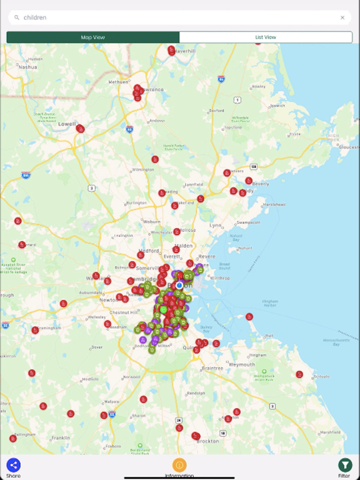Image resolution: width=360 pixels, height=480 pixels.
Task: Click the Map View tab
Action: [93, 37]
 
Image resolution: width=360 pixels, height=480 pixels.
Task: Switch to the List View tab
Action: [266, 37]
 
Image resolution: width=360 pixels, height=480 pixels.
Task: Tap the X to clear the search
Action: [342, 17]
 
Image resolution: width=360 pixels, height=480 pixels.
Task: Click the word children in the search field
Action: [35, 17]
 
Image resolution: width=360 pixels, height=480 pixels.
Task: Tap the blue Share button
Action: [13, 464]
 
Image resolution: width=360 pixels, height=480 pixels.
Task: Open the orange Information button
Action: [179, 464]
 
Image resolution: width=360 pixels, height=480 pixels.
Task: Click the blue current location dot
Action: [179, 285]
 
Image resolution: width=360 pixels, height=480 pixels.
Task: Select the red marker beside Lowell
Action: [81, 129]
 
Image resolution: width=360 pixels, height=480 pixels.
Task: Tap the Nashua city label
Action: [28, 67]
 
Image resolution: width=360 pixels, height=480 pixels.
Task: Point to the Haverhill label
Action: [186, 51]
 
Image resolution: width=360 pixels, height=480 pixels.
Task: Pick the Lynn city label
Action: [216, 225]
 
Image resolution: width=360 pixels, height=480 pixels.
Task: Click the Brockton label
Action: [208, 441]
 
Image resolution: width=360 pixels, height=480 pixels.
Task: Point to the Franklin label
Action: [61, 437]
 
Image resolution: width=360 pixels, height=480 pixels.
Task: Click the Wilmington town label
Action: [144, 169]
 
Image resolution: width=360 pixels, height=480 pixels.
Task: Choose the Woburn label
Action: [152, 221]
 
